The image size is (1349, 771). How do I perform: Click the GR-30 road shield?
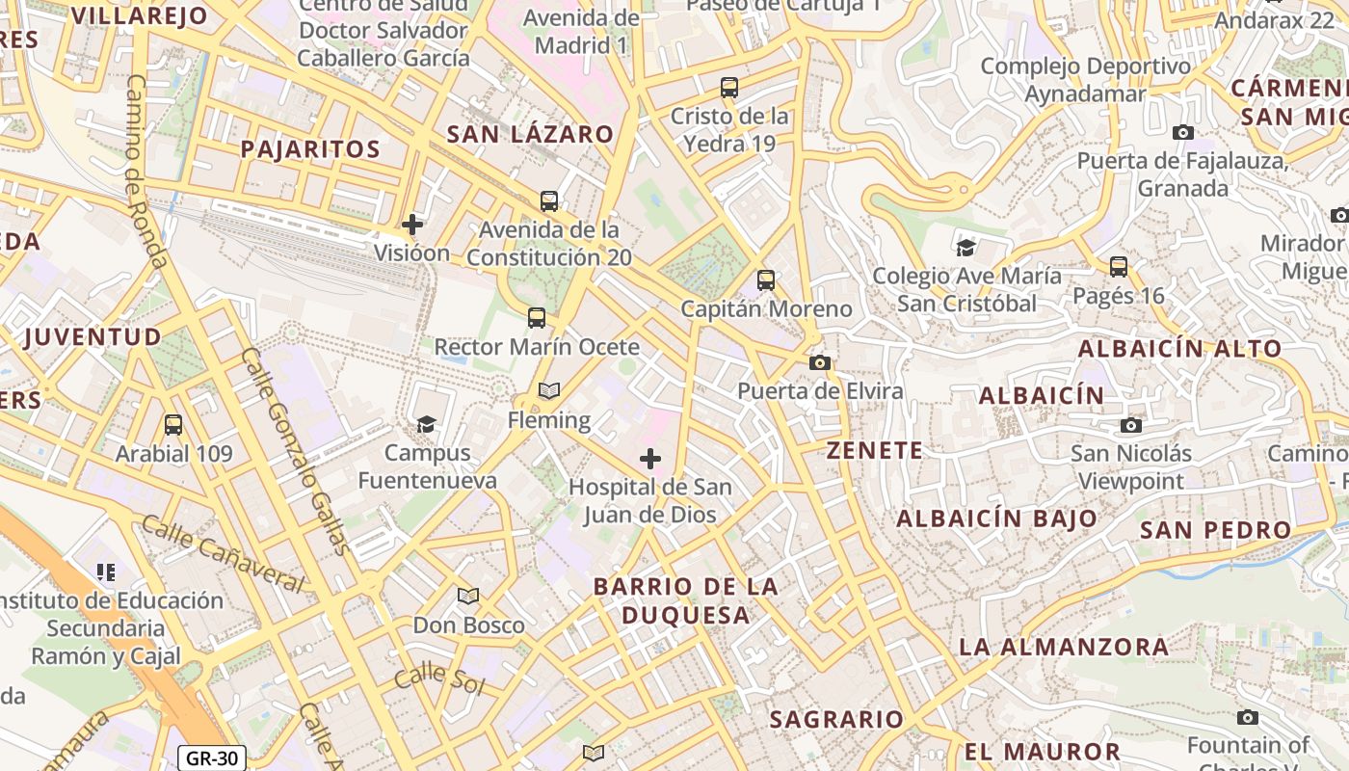212,758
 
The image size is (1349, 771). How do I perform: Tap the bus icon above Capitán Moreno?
766,280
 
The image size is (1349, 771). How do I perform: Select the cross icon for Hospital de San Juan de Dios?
650,459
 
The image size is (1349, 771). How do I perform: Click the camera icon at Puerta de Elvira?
820,362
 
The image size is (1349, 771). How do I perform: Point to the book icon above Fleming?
549,390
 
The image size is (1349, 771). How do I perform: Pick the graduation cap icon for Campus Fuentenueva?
425,423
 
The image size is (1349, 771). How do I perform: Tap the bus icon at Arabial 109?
173,424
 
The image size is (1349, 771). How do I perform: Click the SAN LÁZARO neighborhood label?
530,134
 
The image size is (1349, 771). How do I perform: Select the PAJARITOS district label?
310,149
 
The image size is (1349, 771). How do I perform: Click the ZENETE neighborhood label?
875,450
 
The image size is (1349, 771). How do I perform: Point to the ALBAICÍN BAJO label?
997,518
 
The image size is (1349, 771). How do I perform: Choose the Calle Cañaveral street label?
223,554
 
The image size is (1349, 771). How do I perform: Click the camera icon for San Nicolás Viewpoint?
1131,425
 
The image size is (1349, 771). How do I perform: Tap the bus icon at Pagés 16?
1119,266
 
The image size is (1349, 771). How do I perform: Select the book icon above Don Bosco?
468,596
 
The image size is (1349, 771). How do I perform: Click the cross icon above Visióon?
412,225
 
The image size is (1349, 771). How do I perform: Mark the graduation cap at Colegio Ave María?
966,248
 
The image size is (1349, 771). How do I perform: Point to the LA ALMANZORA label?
1064,647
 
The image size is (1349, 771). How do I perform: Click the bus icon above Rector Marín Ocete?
537,317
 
